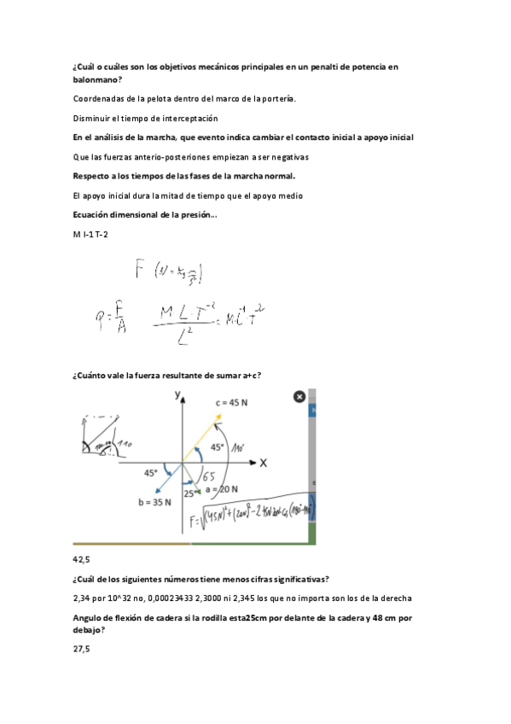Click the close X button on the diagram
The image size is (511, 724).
(299, 396)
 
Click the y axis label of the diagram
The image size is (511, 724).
(179, 394)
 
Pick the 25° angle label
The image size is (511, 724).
(189, 493)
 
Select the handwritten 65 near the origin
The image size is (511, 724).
(207, 476)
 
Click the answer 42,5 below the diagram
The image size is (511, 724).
(83, 559)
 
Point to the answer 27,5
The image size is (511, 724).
(81, 650)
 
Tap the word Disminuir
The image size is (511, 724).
(95, 118)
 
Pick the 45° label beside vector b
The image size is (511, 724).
(152, 472)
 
